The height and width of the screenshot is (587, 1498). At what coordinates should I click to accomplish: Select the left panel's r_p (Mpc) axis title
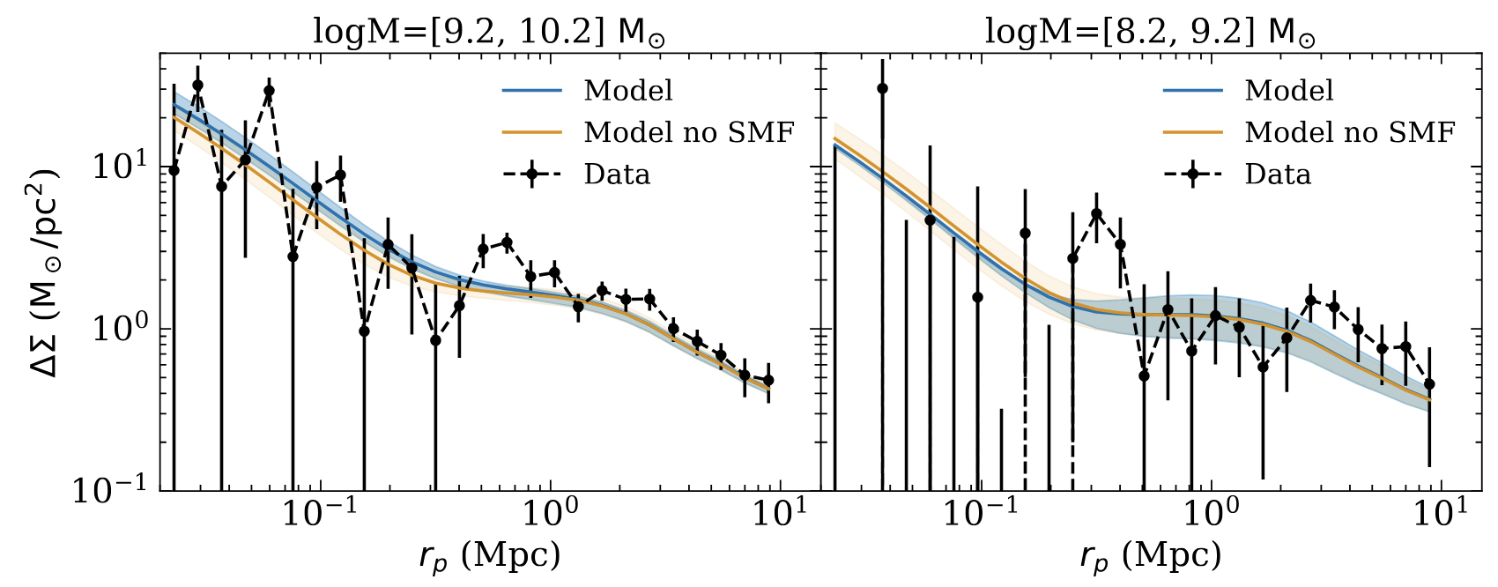(x=489, y=556)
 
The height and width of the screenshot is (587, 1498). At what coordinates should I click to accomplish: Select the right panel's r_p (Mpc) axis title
(x=1150, y=556)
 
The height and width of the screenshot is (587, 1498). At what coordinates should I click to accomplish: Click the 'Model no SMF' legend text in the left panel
(x=689, y=132)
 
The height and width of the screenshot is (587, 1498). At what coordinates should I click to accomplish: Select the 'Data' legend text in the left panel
(x=617, y=175)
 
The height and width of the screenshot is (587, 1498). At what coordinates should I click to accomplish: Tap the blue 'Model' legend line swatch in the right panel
(x=1193, y=90)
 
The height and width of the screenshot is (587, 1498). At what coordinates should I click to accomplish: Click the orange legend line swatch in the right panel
(x=1193, y=132)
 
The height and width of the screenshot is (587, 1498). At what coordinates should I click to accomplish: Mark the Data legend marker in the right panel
(x=1193, y=175)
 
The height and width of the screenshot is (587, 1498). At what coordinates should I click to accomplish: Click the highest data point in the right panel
(x=882, y=88)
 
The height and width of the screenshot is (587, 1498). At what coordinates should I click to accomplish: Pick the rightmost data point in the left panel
(x=768, y=381)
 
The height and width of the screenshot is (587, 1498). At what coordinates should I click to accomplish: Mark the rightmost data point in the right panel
(x=1429, y=384)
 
